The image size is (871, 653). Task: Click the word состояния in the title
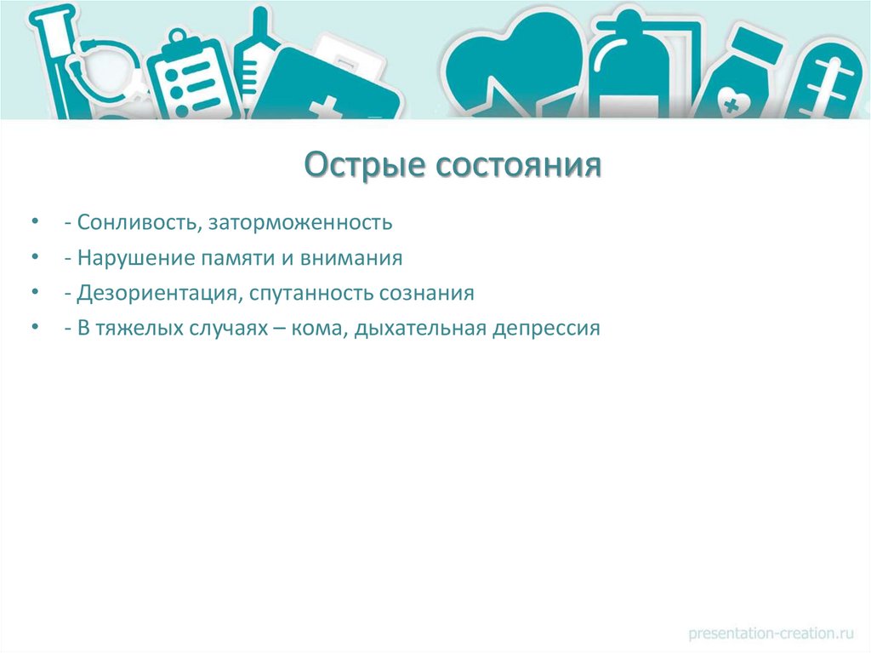[x=519, y=164]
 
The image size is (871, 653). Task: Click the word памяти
[x=217, y=258]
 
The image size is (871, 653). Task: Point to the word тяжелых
[x=134, y=329]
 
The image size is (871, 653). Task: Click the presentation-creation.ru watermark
[x=771, y=633]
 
